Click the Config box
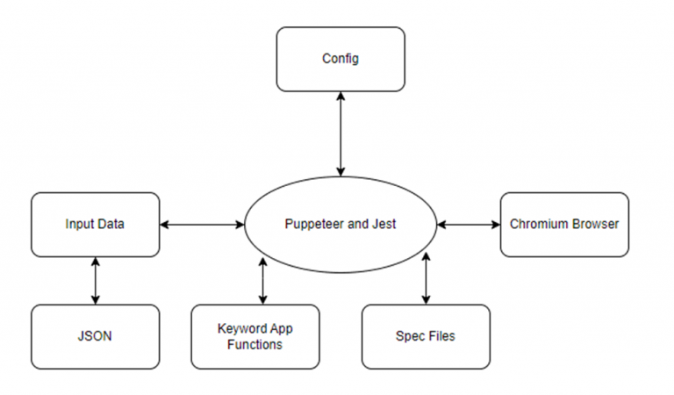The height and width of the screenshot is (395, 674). pyautogui.click(x=341, y=59)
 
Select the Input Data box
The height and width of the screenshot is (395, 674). pyautogui.click(x=95, y=225)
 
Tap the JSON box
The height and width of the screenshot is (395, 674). pyautogui.click(x=95, y=336)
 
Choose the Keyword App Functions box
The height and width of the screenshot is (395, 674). pyautogui.click(x=255, y=336)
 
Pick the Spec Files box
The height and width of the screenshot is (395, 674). pyautogui.click(x=427, y=336)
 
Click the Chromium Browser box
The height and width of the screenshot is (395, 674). pyautogui.click(x=564, y=225)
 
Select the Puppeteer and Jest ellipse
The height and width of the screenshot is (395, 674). pyautogui.click(x=341, y=225)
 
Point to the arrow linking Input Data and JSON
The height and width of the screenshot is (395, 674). pyautogui.click(x=95, y=281)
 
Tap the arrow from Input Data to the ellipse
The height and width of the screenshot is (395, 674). pyautogui.click(x=202, y=225)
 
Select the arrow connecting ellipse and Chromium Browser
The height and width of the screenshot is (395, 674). pyautogui.click(x=469, y=225)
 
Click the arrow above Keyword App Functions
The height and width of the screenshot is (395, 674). pyautogui.click(x=263, y=279)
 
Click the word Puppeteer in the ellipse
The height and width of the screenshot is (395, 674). pyautogui.click(x=311, y=225)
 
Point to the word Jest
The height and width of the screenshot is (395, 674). pyautogui.click(x=384, y=225)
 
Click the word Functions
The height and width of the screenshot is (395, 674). pyautogui.click(x=255, y=345)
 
